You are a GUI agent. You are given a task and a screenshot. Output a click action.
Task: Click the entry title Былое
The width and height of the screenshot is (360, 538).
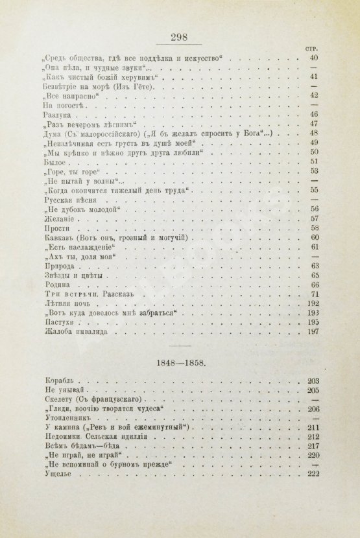click(53, 163)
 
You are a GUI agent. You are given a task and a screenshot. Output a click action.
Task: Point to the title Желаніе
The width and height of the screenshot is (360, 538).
click(56, 220)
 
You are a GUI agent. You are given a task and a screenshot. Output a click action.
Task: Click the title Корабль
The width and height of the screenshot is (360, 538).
click(56, 381)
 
